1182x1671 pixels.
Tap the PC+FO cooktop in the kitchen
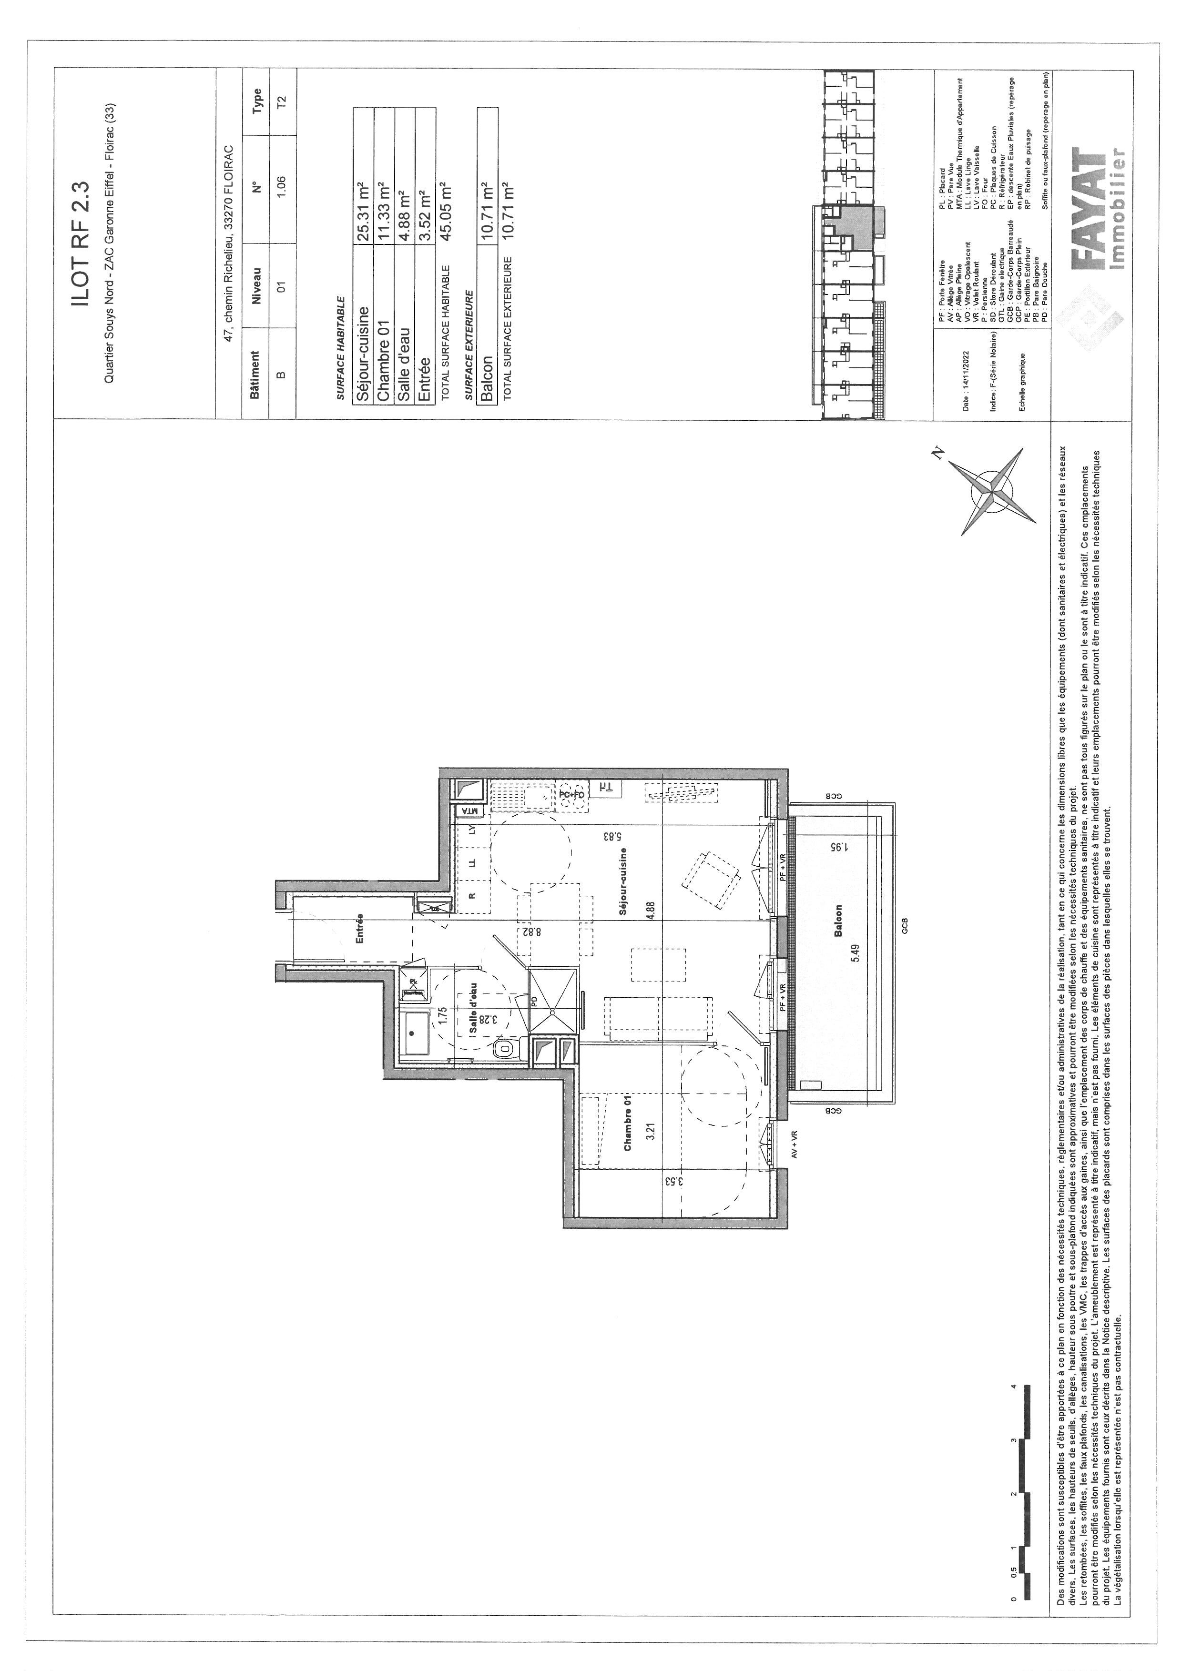pos(572,795)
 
